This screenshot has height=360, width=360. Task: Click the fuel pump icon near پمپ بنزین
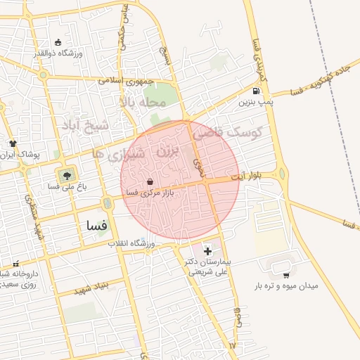click(255, 91)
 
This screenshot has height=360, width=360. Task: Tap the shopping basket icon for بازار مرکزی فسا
click(150, 181)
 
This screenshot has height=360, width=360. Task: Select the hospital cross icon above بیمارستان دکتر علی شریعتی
click(207, 251)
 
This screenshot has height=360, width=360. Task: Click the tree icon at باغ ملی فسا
click(67, 174)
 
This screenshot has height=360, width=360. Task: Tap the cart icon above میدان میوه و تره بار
click(285, 275)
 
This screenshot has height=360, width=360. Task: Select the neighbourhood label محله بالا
click(142, 103)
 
